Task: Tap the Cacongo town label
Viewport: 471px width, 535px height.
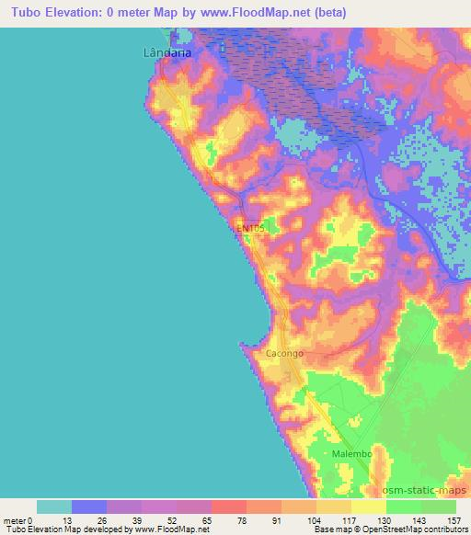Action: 284,353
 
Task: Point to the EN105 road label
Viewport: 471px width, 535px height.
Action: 250,227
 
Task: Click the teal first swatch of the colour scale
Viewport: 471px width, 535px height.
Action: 53,506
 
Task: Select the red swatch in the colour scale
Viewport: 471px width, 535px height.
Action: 228,506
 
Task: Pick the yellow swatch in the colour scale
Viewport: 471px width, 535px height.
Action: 368,506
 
